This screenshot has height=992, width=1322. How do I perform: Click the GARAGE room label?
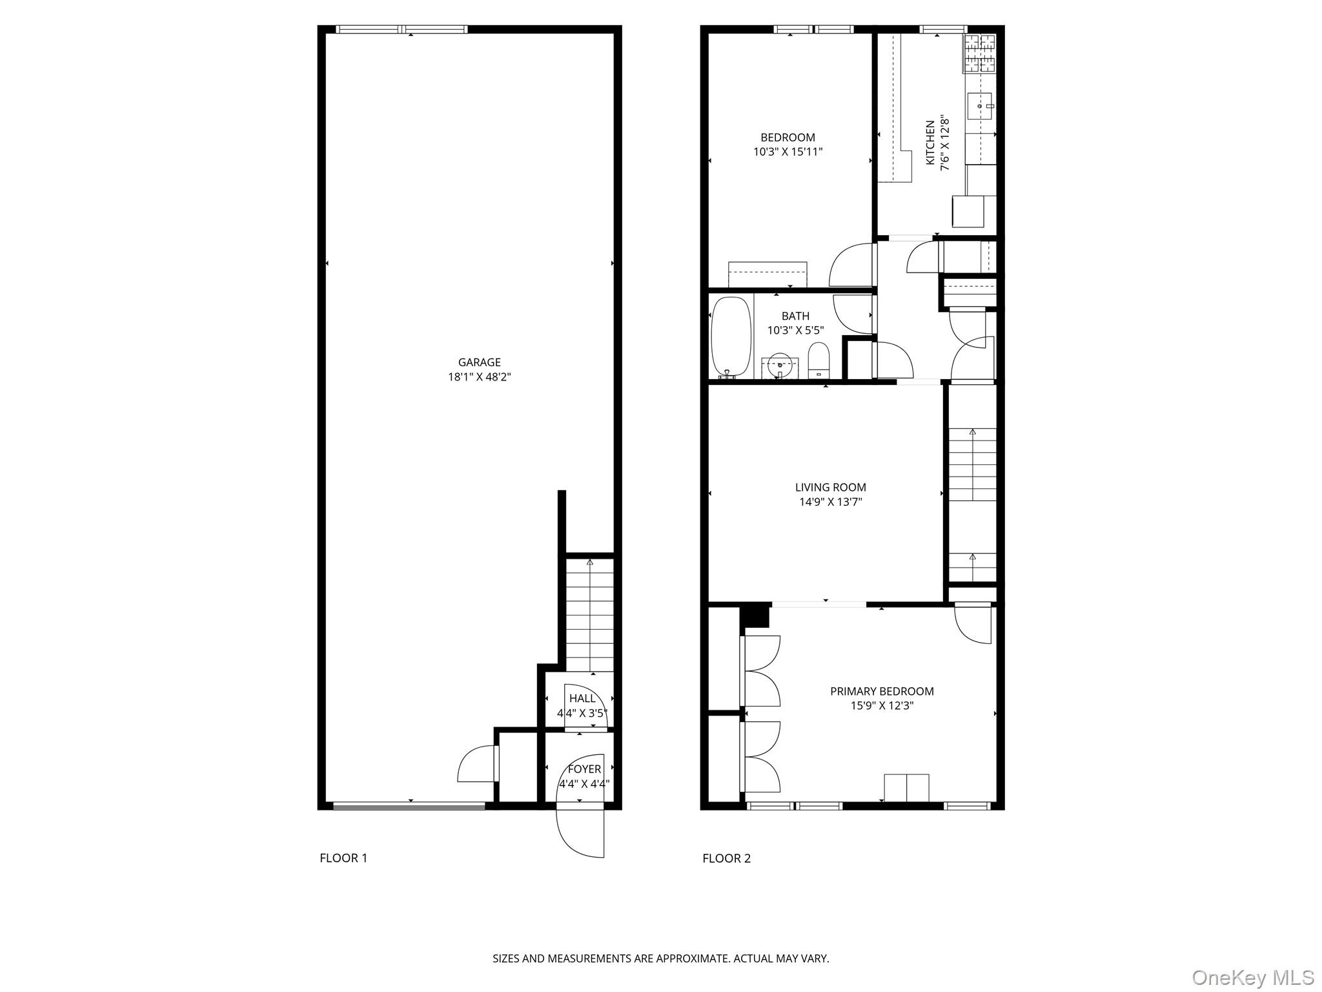pos(479,362)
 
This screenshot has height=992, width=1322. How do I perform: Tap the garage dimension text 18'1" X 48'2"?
pos(479,377)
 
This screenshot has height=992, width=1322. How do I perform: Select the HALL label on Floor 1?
pos(582,698)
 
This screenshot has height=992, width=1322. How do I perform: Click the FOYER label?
pos(584,769)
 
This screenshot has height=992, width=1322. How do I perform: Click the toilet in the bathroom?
pos(818,360)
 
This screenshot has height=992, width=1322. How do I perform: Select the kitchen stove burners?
pos(979,53)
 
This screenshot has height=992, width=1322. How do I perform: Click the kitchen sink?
pos(979,106)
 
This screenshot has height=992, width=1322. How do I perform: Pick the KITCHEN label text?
pos(930,143)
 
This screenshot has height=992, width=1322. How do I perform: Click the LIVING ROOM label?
pos(830,488)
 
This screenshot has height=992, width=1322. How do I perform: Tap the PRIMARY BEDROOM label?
pos(882,691)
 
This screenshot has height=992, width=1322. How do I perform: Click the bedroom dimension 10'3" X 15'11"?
pos(788,152)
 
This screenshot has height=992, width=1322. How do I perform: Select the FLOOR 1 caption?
pos(343,858)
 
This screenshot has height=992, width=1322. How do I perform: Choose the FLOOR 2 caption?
pos(726,858)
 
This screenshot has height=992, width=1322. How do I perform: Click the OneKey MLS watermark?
pos(1252,977)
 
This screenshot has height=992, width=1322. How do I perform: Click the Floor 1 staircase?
pos(589,617)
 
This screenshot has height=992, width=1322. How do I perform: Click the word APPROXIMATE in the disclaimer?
pos(692,959)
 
